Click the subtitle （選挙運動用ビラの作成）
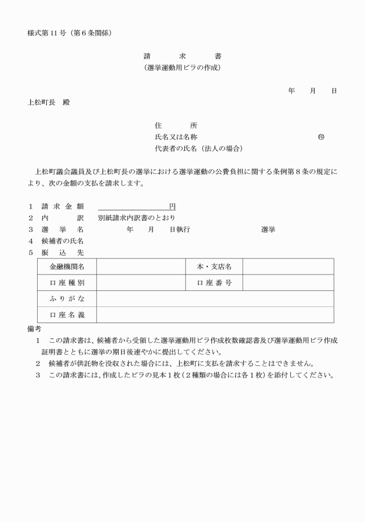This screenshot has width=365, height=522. tap(183, 68)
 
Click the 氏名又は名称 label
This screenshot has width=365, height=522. tap(176, 137)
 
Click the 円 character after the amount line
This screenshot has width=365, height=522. tap(172, 206)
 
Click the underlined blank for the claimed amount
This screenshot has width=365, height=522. tap(133, 207)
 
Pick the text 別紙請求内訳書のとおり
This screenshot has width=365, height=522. tap(137, 218)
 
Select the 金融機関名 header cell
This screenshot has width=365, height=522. tap(67, 266)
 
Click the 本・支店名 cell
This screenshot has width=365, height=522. tap(213, 266)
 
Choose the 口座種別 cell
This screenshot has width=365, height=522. tap(67, 283)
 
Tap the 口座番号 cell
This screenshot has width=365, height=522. tap(213, 283)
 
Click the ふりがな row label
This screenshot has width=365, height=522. tap(67, 299)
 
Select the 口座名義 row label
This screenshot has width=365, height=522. tap(67, 315)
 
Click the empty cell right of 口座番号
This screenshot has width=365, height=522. tap(288, 283)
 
